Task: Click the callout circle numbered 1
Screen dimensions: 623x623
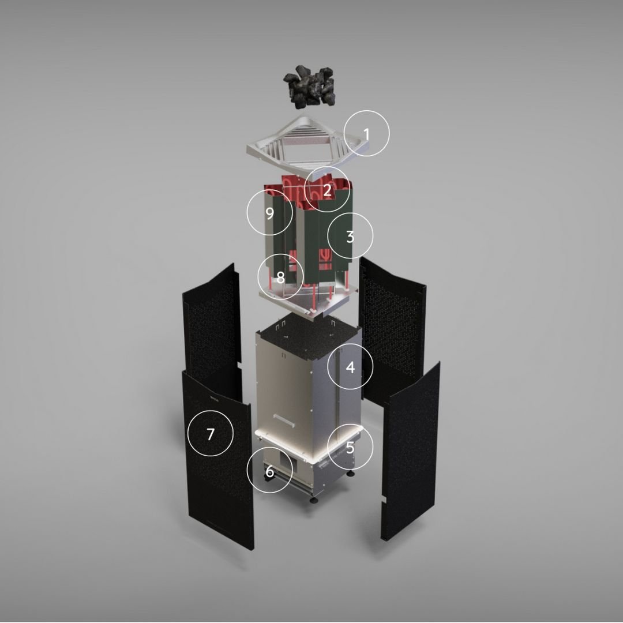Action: tap(367, 133)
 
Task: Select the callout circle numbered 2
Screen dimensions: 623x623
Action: tap(327, 189)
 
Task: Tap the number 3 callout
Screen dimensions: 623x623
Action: tap(350, 236)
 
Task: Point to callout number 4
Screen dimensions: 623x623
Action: tap(350, 366)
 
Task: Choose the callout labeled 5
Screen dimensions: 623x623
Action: tap(350, 446)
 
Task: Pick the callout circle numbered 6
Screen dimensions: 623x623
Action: tap(269, 471)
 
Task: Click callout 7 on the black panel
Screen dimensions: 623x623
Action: tap(211, 434)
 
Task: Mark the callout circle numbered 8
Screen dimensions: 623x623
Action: tap(280, 277)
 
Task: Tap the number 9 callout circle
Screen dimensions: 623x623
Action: tap(269, 212)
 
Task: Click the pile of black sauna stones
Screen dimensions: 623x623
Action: tap(310, 87)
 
